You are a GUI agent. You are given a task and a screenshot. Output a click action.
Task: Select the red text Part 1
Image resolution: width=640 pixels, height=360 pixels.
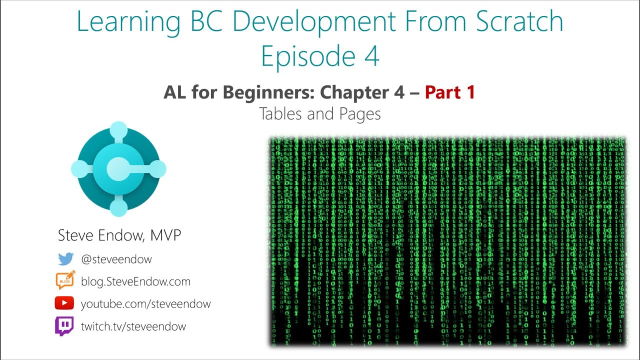coord(450,92)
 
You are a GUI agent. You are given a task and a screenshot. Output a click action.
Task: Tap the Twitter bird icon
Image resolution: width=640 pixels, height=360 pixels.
coord(65,259)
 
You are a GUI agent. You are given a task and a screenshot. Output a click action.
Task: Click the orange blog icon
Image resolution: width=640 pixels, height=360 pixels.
coord(65,280)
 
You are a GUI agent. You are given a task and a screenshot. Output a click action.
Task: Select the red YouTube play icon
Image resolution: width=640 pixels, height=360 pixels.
coord(64,303)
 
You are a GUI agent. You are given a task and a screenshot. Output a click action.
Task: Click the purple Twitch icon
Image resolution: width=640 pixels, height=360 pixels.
coord(64,326)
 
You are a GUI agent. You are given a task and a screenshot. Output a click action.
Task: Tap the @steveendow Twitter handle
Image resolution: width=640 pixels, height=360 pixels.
coord(116,259)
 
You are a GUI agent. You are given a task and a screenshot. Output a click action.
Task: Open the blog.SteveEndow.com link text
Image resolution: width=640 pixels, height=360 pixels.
coord(135,281)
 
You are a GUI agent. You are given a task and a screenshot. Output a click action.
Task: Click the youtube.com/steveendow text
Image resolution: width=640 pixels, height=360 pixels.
coord(145,304)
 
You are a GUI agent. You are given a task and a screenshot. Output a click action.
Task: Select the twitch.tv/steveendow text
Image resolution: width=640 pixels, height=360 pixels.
coord(133,326)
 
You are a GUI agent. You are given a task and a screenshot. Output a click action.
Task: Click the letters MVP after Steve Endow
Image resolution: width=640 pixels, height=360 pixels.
coord(165,235)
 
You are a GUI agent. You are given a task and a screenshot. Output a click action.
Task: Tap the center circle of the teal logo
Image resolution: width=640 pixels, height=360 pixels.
coord(118,169)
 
